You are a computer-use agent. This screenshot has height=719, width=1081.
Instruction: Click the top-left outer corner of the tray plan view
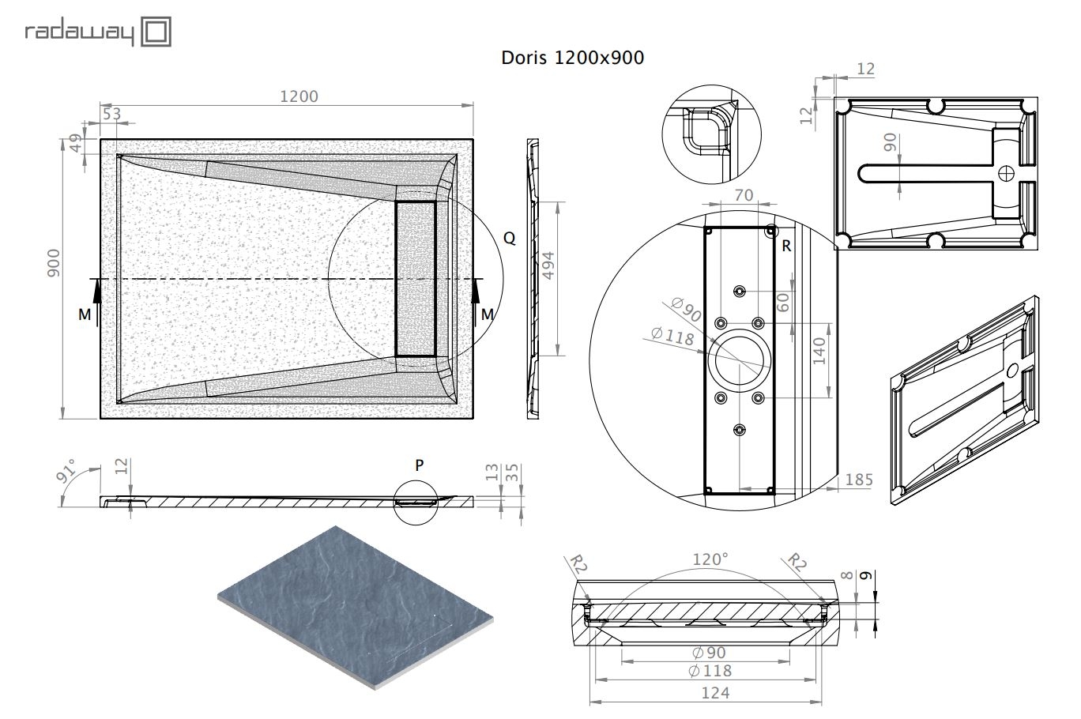tap(100, 140)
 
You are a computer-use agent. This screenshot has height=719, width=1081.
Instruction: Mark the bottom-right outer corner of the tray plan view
tap(473, 418)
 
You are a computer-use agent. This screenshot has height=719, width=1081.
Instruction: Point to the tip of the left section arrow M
tap(97, 280)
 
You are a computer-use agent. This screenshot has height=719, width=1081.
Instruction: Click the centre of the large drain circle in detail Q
tap(740, 360)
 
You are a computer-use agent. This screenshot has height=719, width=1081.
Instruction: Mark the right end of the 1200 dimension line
tap(473, 104)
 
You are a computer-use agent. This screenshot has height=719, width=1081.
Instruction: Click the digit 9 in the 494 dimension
tap(548, 265)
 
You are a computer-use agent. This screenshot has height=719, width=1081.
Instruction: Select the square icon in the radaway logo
tap(156, 32)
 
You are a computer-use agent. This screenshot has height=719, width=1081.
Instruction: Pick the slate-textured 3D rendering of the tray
tap(356, 607)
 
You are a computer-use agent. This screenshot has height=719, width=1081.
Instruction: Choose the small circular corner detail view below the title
tap(711, 134)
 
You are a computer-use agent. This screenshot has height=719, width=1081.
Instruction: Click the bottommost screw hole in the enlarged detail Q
tap(740, 429)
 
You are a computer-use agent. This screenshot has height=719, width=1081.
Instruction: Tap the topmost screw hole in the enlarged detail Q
tap(740, 291)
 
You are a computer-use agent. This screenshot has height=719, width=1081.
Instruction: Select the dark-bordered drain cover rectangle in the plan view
tap(416, 279)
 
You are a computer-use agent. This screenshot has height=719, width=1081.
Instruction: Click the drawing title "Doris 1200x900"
tap(572, 58)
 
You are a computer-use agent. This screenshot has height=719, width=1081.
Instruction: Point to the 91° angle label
tap(66, 470)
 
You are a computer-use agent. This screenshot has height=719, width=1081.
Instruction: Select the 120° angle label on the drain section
tap(710, 559)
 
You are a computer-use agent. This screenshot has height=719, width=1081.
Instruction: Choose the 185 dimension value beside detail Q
tap(859, 480)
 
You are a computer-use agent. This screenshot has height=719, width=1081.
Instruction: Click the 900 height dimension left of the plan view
tap(54, 263)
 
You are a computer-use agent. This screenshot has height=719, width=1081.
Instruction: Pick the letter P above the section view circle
tap(419, 465)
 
